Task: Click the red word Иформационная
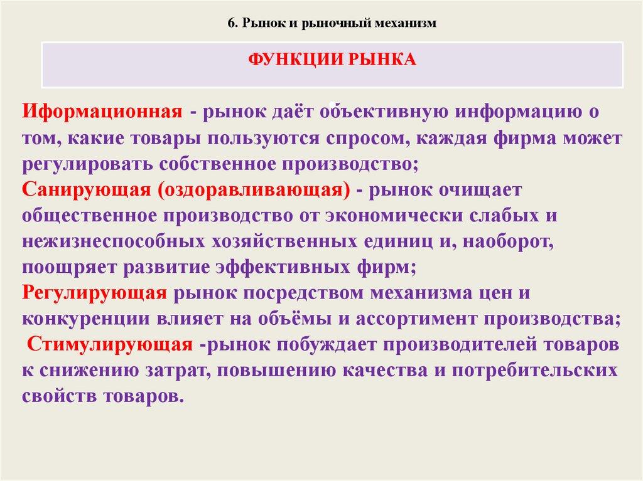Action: [102, 113]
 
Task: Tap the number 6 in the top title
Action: [230, 23]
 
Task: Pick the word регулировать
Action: [89, 164]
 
